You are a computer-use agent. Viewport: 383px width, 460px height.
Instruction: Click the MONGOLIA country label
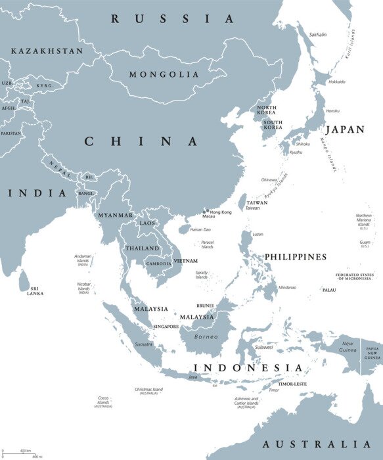[164, 74]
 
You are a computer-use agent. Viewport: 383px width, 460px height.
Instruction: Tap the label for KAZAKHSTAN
[47, 51]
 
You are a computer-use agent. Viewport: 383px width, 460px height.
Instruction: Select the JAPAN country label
[345, 129]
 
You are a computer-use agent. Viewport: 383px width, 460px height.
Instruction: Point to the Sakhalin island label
[317, 34]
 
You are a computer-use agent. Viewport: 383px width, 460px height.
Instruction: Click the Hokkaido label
[336, 81]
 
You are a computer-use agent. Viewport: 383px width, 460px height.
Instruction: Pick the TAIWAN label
[257, 202]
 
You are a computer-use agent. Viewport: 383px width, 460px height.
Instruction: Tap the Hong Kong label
[220, 212]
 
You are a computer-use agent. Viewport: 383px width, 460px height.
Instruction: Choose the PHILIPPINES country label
[296, 256]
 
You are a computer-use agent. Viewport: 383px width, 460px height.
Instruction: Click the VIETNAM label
[186, 261]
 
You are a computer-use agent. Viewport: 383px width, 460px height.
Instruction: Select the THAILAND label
[143, 248]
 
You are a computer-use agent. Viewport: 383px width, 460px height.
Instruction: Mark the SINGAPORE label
[166, 326]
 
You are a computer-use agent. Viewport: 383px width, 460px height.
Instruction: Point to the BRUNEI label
[205, 306]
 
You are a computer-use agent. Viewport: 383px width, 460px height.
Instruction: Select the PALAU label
[329, 289]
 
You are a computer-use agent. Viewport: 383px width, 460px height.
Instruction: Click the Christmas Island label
[148, 389]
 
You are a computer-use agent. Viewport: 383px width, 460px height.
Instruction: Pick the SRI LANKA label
[35, 290]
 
